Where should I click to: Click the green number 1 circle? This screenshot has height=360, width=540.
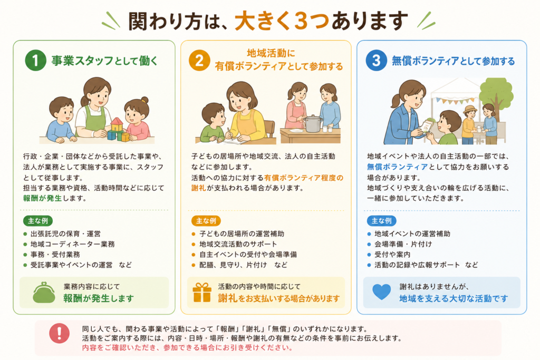(35, 60)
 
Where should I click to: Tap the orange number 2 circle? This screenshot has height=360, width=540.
(199, 60)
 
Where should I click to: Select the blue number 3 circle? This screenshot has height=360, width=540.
(376, 60)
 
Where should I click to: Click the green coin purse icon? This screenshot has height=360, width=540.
(44, 293)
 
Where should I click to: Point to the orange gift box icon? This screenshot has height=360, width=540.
(202, 293)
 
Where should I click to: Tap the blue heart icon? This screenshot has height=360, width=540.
(382, 292)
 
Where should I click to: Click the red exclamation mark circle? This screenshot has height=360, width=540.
(59, 333)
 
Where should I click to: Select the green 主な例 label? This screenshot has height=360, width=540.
(38, 221)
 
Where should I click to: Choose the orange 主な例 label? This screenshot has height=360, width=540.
(206, 221)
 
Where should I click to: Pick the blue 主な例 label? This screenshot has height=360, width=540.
(382, 221)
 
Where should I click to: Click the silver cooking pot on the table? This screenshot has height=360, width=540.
(313, 123)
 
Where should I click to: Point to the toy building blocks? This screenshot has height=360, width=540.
(118, 130)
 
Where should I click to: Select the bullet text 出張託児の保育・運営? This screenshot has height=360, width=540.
(65, 233)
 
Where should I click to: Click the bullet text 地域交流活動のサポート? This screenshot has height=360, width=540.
(238, 244)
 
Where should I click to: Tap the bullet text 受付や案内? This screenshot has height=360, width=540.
(392, 255)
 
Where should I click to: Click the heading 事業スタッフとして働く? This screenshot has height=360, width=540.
(104, 61)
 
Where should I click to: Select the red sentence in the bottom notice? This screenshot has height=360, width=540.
(187, 347)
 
